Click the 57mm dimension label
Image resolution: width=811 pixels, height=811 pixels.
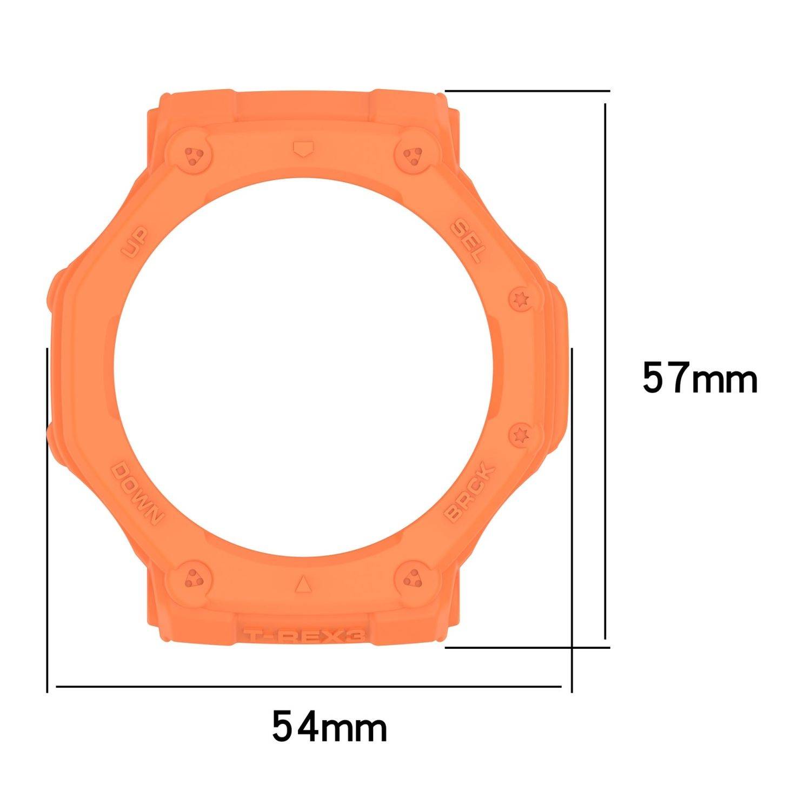pyautogui.click(x=700, y=378)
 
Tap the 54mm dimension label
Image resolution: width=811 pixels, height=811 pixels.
pyautogui.click(x=329, y=728)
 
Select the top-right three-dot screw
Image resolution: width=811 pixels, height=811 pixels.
pyautogui.click(x=414, y=156)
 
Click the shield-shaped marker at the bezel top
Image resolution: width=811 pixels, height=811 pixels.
pyautogui.click(x=303, y=148)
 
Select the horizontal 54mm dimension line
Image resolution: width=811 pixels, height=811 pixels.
pyautogui.click(x=308, y=687)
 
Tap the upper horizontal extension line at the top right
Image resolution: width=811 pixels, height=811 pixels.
pyautogui.click(x=527, y=90)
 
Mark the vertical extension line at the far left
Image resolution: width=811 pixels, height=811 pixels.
pyautogui.click(x=48, y=519)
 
